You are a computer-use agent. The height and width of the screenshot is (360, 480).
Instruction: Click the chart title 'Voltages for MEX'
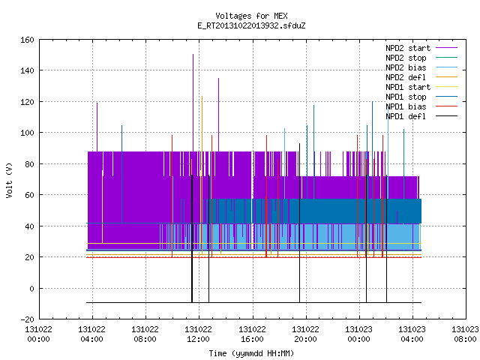[251, 16]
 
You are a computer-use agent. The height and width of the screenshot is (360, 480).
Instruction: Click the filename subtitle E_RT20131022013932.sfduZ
[251, 25]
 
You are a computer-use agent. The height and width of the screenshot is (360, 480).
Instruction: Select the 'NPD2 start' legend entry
[421, 48]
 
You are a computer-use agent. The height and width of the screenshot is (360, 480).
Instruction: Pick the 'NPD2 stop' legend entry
[421, 58]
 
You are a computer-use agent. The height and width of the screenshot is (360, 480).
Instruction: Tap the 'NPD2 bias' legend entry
[421, 67]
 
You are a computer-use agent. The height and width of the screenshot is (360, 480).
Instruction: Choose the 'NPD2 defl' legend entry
[421, 77]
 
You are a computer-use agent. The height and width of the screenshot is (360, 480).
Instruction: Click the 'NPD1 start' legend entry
[421, 87]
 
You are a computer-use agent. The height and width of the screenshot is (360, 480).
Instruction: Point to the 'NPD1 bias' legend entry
[421, 106]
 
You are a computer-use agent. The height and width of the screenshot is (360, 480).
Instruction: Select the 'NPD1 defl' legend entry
[421, 117]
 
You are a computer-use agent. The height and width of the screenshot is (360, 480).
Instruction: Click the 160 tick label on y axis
[27, 40]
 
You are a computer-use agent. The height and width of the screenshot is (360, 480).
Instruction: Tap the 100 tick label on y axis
[27, 133]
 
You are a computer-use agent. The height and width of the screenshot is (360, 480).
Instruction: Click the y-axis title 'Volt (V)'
[9, 180]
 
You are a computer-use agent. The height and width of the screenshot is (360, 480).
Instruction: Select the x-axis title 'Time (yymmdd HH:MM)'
[251, 353]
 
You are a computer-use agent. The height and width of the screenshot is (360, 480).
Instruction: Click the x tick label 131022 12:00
[198, 334]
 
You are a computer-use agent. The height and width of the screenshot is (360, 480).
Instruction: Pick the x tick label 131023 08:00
[465, 334]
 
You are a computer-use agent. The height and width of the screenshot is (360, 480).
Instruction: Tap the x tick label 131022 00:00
[38, 334]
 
